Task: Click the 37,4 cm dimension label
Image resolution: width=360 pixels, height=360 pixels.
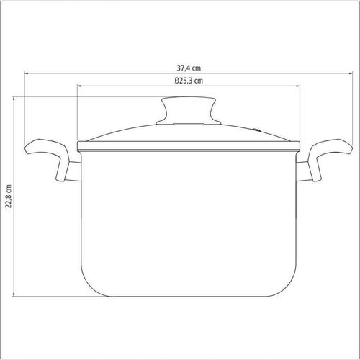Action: tap(189, 68)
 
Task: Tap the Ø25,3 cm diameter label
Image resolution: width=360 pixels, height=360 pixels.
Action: tap(189, 81)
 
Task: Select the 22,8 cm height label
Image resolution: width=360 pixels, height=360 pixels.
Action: tap(9, 197)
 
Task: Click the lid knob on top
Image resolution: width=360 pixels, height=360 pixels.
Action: tap(189, 109)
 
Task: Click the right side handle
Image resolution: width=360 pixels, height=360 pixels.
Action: tap(330, 157)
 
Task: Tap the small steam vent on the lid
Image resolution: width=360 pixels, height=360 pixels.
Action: tap(257, 130)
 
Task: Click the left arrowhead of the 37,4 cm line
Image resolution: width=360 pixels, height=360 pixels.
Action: tap(26, 73)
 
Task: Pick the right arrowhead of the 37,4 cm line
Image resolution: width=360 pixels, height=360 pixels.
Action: tap(351, 73)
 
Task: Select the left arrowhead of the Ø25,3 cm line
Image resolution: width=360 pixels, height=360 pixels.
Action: tap(78, 86)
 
